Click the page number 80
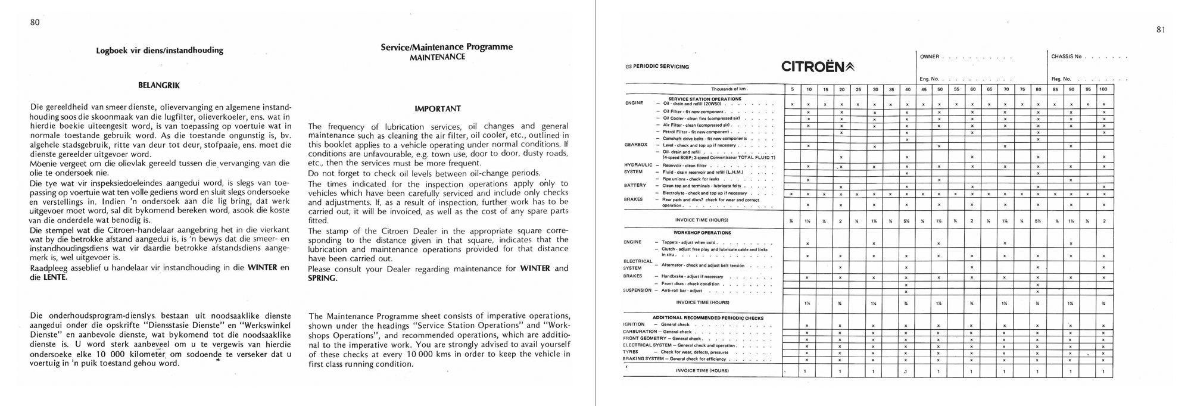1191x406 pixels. [x=35, y=23]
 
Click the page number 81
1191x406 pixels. [x=1161, y=30]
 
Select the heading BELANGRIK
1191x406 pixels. [x=159, y=85]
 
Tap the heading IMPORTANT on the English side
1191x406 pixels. [x=438, y=109]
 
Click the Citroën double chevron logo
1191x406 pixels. [x=849, y=67]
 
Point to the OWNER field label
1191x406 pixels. [x=929, y=57]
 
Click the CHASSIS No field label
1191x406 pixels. [x=1066, y=57]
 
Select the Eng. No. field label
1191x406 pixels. [x=929, y=79]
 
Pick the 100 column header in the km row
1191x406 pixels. [x=1103, y=89]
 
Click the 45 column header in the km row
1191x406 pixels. [x=923, y=89]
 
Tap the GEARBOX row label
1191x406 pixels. [x=636, y=145]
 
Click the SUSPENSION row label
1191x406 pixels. [x=637, y=291]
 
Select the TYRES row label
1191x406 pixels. [x=631, y=352]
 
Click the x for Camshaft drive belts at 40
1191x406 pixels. [x=906, y=139]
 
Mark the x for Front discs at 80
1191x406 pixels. [x=1038, y=285]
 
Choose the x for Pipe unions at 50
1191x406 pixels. [x=939, y=179]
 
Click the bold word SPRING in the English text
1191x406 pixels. [x=322, y=278]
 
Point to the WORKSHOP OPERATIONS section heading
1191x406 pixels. [x=702, y=233]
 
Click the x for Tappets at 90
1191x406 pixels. [x=1071, y=243]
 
